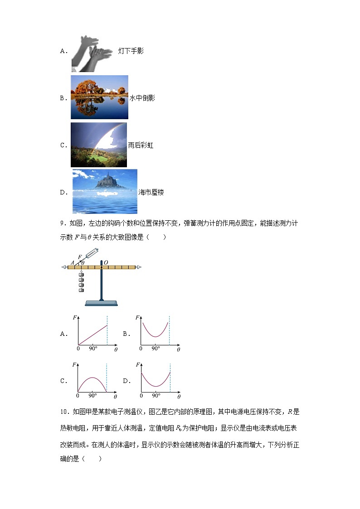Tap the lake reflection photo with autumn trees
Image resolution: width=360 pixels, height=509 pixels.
(99, 97)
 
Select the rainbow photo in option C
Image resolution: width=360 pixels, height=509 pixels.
(99, 145)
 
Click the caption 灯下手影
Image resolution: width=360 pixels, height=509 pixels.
(131, 51)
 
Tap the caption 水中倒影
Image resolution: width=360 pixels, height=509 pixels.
(142, 98)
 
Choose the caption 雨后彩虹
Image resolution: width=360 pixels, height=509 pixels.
(141, 145)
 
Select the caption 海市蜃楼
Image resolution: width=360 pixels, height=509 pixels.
(151, 193)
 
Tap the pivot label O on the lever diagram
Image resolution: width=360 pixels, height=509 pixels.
(106, 262)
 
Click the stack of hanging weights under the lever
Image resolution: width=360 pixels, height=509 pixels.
(82, 283)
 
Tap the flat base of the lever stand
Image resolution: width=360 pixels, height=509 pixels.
(102, 303)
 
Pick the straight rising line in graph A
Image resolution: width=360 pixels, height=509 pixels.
(93, 335)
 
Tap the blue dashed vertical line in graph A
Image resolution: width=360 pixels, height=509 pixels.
(107, 331)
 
